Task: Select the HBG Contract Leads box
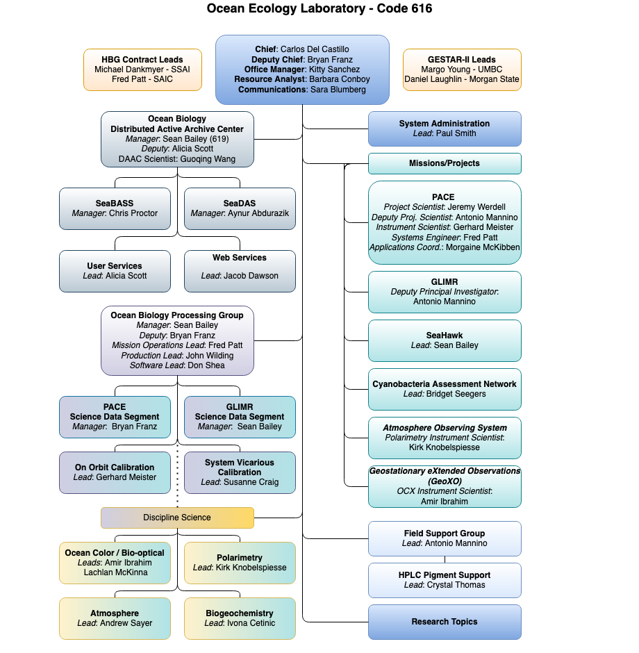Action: [142, 69]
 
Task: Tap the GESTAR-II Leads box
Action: [462, 69]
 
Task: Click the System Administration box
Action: [445, 129]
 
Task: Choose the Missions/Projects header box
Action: [445, 163]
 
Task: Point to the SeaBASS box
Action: [115, 208]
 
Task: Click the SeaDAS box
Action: [240, 208]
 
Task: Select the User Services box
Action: [115, 271]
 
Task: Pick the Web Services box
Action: [240, 271]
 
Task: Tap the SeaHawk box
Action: [445, 340]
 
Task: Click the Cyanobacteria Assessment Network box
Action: [445, 390]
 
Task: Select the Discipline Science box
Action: [177, 518]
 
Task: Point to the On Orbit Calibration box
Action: [115, 472]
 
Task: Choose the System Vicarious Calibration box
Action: [240, 472]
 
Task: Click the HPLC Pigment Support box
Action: [445, 580]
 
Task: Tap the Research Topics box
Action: [445, 622]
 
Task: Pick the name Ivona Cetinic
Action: [251, 623]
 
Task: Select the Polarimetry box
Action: [240, 563]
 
